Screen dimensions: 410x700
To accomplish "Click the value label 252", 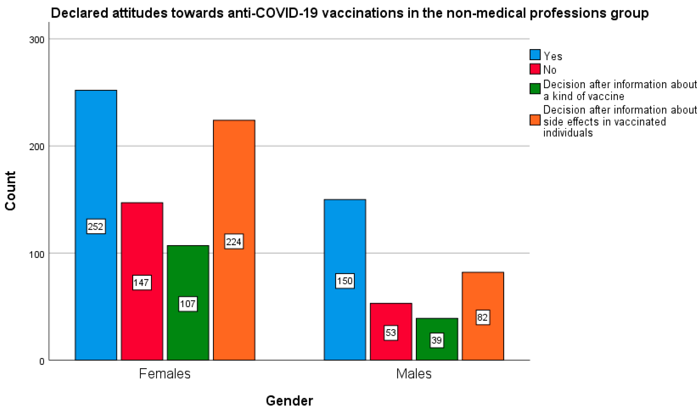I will click(x=96, y=226).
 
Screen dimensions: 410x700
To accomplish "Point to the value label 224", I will click(x=234, y=242).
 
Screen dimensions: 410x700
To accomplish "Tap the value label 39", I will click(x=437, y=340).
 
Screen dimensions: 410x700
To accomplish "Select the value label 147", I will click(x=142, y=283).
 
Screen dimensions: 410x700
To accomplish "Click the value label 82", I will click(x=483, y=317).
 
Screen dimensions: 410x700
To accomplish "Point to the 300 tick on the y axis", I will click(x=37, y=40).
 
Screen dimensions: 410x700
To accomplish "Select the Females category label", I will click(x=165, y=374).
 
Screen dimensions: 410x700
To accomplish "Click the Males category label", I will click(x=414, y=374).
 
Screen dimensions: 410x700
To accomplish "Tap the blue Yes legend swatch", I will click(x=535, y=55).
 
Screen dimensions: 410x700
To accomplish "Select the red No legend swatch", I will click(x=535, y=69).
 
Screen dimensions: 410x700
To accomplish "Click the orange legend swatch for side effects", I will click(x=535, y=120).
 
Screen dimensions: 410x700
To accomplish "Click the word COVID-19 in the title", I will click(x=286, y=13).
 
